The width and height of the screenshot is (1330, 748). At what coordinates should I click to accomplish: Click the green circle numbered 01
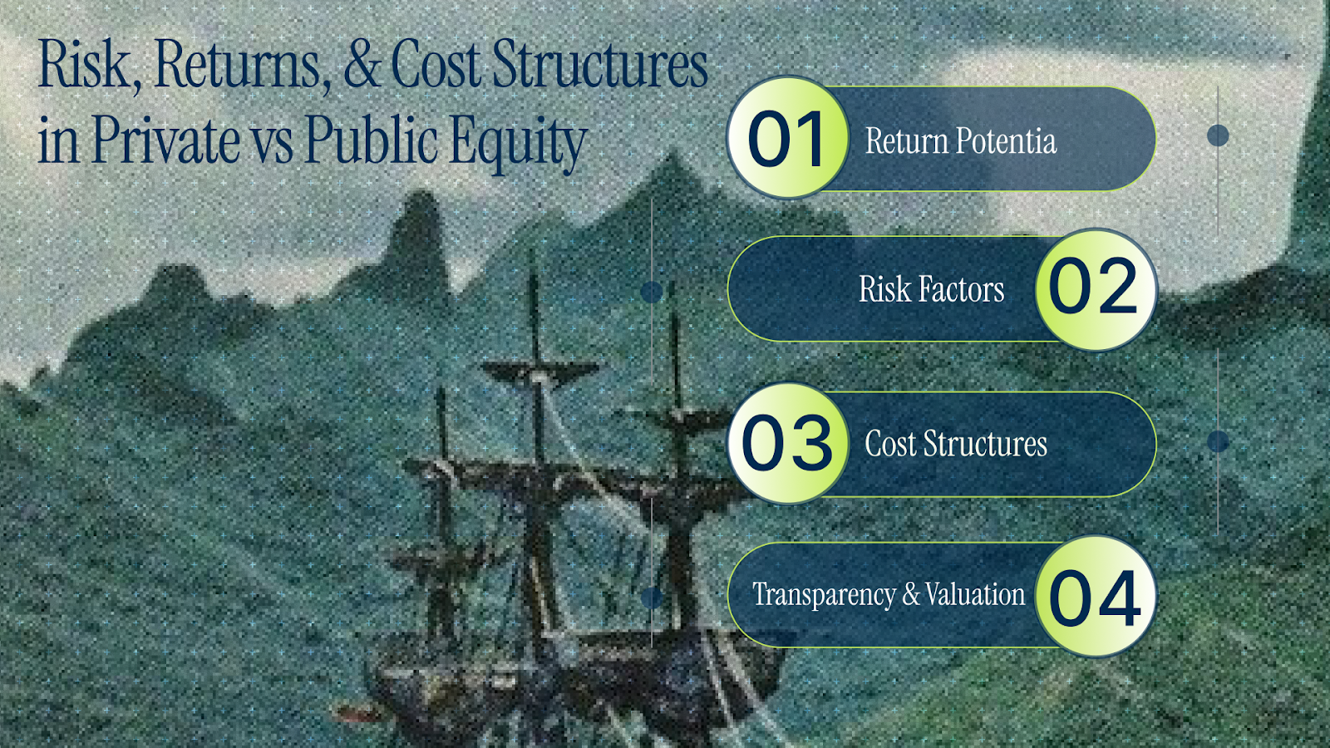[787, 138]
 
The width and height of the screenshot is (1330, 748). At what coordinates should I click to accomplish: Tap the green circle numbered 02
[1096, 290]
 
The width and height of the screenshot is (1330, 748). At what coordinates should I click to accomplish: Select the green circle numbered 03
[787, 443]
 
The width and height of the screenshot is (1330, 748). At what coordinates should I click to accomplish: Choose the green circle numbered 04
[1096, 596]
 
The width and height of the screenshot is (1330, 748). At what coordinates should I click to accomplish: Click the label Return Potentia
[961, 140]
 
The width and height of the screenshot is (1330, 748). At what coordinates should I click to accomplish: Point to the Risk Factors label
[931, 289]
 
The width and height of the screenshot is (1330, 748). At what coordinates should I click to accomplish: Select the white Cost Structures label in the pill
[956, 444]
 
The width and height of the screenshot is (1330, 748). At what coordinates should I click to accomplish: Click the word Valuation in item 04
[975, 593]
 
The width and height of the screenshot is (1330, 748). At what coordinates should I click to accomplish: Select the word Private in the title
[165, 140]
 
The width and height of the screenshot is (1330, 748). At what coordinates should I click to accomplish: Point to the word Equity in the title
[518, 142]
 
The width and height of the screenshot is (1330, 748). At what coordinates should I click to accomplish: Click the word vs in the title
[271, 146]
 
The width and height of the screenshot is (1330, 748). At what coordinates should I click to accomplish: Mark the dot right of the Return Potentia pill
[1218, 136]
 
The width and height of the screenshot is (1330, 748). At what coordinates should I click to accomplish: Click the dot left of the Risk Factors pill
[652, 292]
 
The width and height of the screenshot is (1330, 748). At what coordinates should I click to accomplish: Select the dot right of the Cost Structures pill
[1218, 441]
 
